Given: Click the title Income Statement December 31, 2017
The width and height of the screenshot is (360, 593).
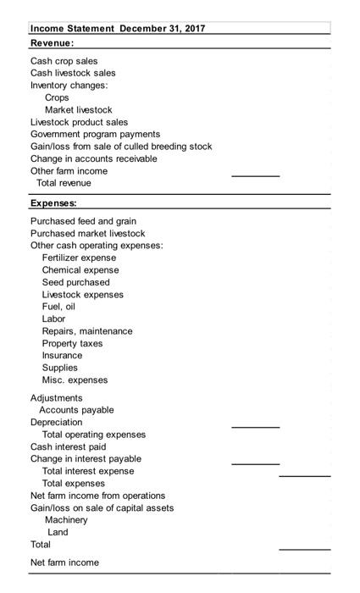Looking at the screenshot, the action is click(x=117, y=29).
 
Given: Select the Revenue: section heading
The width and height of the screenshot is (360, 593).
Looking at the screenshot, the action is click(x=52, y=42).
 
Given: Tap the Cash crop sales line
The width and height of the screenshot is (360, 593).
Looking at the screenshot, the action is click(x=64, y=61).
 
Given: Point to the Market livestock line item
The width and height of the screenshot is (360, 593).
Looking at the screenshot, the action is click(x=78, y=110).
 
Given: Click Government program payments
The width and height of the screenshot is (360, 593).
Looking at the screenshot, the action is click(x=95, y=134).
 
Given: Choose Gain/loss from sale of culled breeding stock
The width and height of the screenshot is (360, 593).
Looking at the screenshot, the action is click(x=121, y=147).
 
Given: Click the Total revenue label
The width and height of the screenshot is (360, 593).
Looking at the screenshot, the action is click(x=64, y=183).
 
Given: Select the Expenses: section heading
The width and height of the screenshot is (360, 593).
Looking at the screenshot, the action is click(x=53, y=203).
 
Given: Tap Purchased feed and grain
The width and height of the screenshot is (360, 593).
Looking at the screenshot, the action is click(x=83, y=221).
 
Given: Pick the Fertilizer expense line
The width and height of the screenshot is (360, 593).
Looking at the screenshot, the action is click(x=80, y=258).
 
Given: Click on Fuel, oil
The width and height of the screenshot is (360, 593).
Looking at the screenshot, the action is click(x=59, y=307).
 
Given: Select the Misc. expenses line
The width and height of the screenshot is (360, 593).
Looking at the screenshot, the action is click(x=75, y=380).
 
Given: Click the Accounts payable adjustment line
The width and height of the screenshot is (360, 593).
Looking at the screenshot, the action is click(x=76, y=410).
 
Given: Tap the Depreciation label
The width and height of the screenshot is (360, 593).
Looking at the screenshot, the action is click(x=57, y=422).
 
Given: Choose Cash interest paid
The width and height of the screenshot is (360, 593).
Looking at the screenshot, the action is click(x=69, y=446).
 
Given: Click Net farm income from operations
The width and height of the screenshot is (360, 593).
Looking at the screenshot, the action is click(x=98, y=496).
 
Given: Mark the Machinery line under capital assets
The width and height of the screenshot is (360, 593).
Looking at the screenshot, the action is click(x=66, y=520).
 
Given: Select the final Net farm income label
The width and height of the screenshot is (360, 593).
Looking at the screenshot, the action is click(x=64, y=563).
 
